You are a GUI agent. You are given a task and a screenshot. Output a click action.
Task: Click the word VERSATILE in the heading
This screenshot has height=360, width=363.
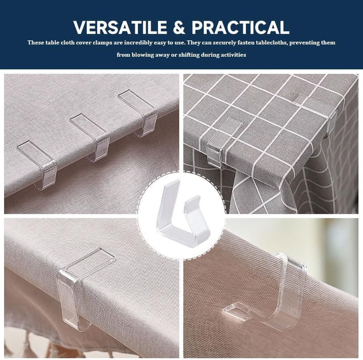point(120,27)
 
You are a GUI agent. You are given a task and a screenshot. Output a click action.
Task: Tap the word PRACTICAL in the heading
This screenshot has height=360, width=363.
point(240,27)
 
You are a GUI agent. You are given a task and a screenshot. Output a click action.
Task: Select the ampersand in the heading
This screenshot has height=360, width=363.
point(179,27)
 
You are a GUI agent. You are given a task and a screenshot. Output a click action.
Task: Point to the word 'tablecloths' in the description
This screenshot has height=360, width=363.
point(271,43)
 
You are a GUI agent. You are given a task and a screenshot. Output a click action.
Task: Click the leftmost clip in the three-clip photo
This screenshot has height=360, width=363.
point(38,164)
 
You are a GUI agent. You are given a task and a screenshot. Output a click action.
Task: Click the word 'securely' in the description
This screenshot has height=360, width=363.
point(223,43)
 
